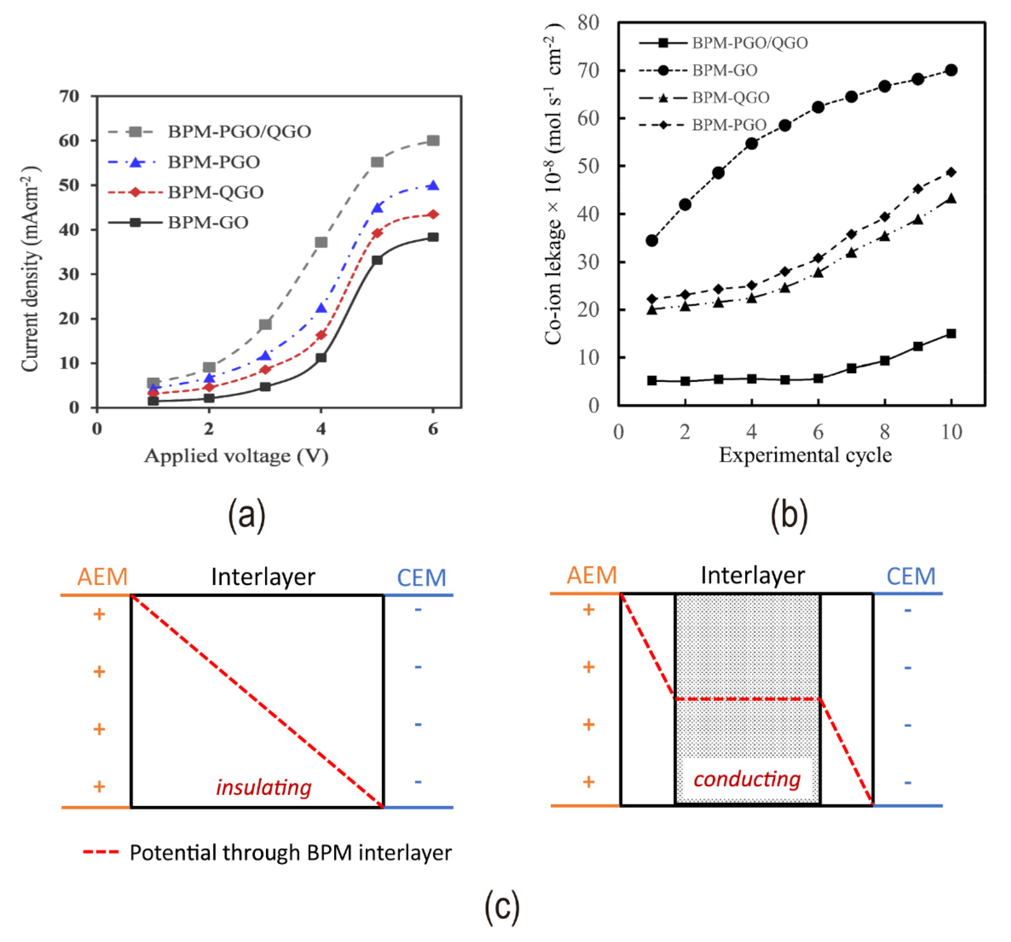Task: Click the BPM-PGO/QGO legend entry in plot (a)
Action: [239, 132]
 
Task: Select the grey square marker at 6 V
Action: [433, 140]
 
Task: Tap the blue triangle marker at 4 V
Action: [321, 308]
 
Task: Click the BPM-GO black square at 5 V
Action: [377, 260]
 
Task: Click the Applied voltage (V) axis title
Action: [236, 456]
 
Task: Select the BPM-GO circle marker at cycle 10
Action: [951, 70]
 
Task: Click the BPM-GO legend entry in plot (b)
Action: [724, 70]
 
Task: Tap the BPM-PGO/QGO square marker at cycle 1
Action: [652, 380]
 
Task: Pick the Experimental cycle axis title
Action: [805, 455]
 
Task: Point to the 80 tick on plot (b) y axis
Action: [588, 23]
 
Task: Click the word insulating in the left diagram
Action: [264, 788]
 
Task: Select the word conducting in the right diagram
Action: [746, 779]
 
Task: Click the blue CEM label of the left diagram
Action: [421, 578]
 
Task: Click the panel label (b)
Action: [789, 515]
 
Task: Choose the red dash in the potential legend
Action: [101, 852]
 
